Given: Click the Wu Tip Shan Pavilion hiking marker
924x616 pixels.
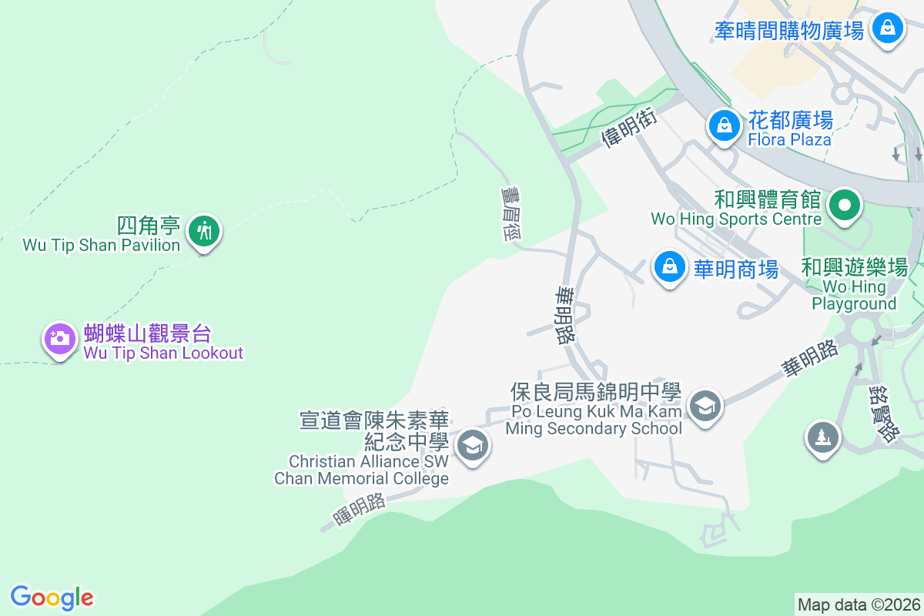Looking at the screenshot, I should coord(204,230).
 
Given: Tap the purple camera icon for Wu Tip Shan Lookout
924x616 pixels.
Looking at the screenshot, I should coord(59,338).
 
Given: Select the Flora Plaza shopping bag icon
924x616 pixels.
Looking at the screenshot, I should coord(724,124).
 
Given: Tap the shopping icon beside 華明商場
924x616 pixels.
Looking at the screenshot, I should coord(670,266).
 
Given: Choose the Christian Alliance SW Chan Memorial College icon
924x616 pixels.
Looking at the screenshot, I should coord(472,445).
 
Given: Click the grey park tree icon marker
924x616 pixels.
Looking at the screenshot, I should coord(822,437).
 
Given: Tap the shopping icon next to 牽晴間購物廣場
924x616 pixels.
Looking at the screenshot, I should coord(888,28).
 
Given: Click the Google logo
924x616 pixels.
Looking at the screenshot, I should coord(52,598).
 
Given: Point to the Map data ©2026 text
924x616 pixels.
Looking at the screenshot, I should coord(859,604).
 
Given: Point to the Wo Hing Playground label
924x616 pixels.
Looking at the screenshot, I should coord(854,295).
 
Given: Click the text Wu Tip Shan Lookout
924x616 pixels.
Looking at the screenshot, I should coord(163,353).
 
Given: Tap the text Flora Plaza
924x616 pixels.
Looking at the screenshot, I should coord(789,139).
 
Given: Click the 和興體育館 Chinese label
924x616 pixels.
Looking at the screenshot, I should coord(767,200).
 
